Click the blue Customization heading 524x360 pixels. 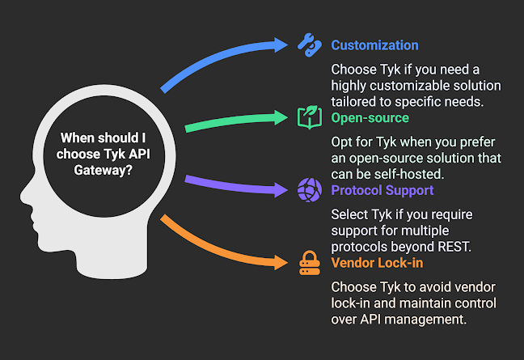tap(374, 45)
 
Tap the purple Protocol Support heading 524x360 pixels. tap(382, 191)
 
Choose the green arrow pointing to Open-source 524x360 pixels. tap(235, 121)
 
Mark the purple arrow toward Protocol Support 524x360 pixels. tap(235, 185)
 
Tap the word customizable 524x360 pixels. tap(401, 86)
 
